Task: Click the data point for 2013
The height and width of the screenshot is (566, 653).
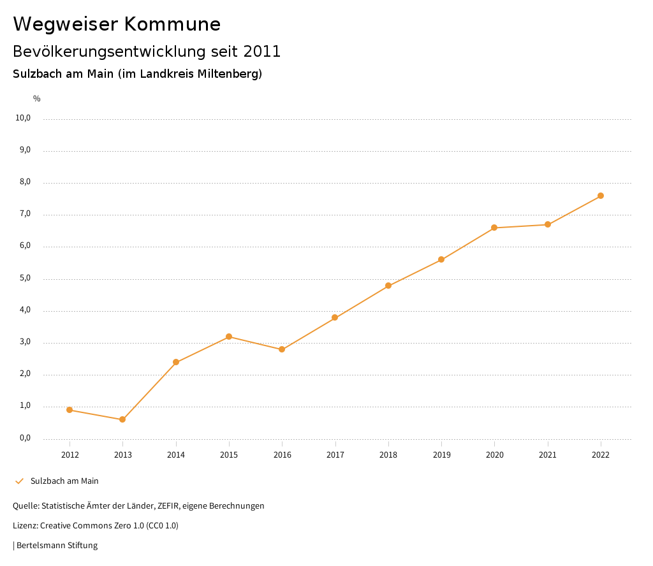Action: tap(122, 419)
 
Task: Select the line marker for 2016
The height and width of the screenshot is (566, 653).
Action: tap(282, 349)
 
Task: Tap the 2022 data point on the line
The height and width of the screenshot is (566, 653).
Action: tap(601, 196)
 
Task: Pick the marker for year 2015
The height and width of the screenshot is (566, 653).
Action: tap(229, 337)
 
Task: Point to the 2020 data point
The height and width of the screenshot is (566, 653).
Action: tap(494, 228)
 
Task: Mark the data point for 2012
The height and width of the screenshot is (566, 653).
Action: tap(70, 410)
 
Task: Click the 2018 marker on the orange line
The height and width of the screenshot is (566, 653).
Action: tap(388, 286)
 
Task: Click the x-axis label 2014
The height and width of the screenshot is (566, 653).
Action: tap(176, 455)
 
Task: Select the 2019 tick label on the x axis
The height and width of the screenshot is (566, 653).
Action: tap(441, 455)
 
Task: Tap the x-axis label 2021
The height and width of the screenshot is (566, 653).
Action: tap(548, 455)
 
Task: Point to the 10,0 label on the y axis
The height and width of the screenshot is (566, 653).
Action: tap(24, 118)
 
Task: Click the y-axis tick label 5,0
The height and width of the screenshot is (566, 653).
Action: tap(25, 279)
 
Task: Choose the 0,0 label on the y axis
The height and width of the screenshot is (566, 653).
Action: tap(25, 438)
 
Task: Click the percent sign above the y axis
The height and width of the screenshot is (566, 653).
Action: tap(37, 99)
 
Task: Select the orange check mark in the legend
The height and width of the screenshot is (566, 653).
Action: tap(19, 481)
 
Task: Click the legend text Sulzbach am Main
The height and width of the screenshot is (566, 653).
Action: tap(64, 481)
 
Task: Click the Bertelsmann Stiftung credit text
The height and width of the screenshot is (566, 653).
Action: tap(57, 546)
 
